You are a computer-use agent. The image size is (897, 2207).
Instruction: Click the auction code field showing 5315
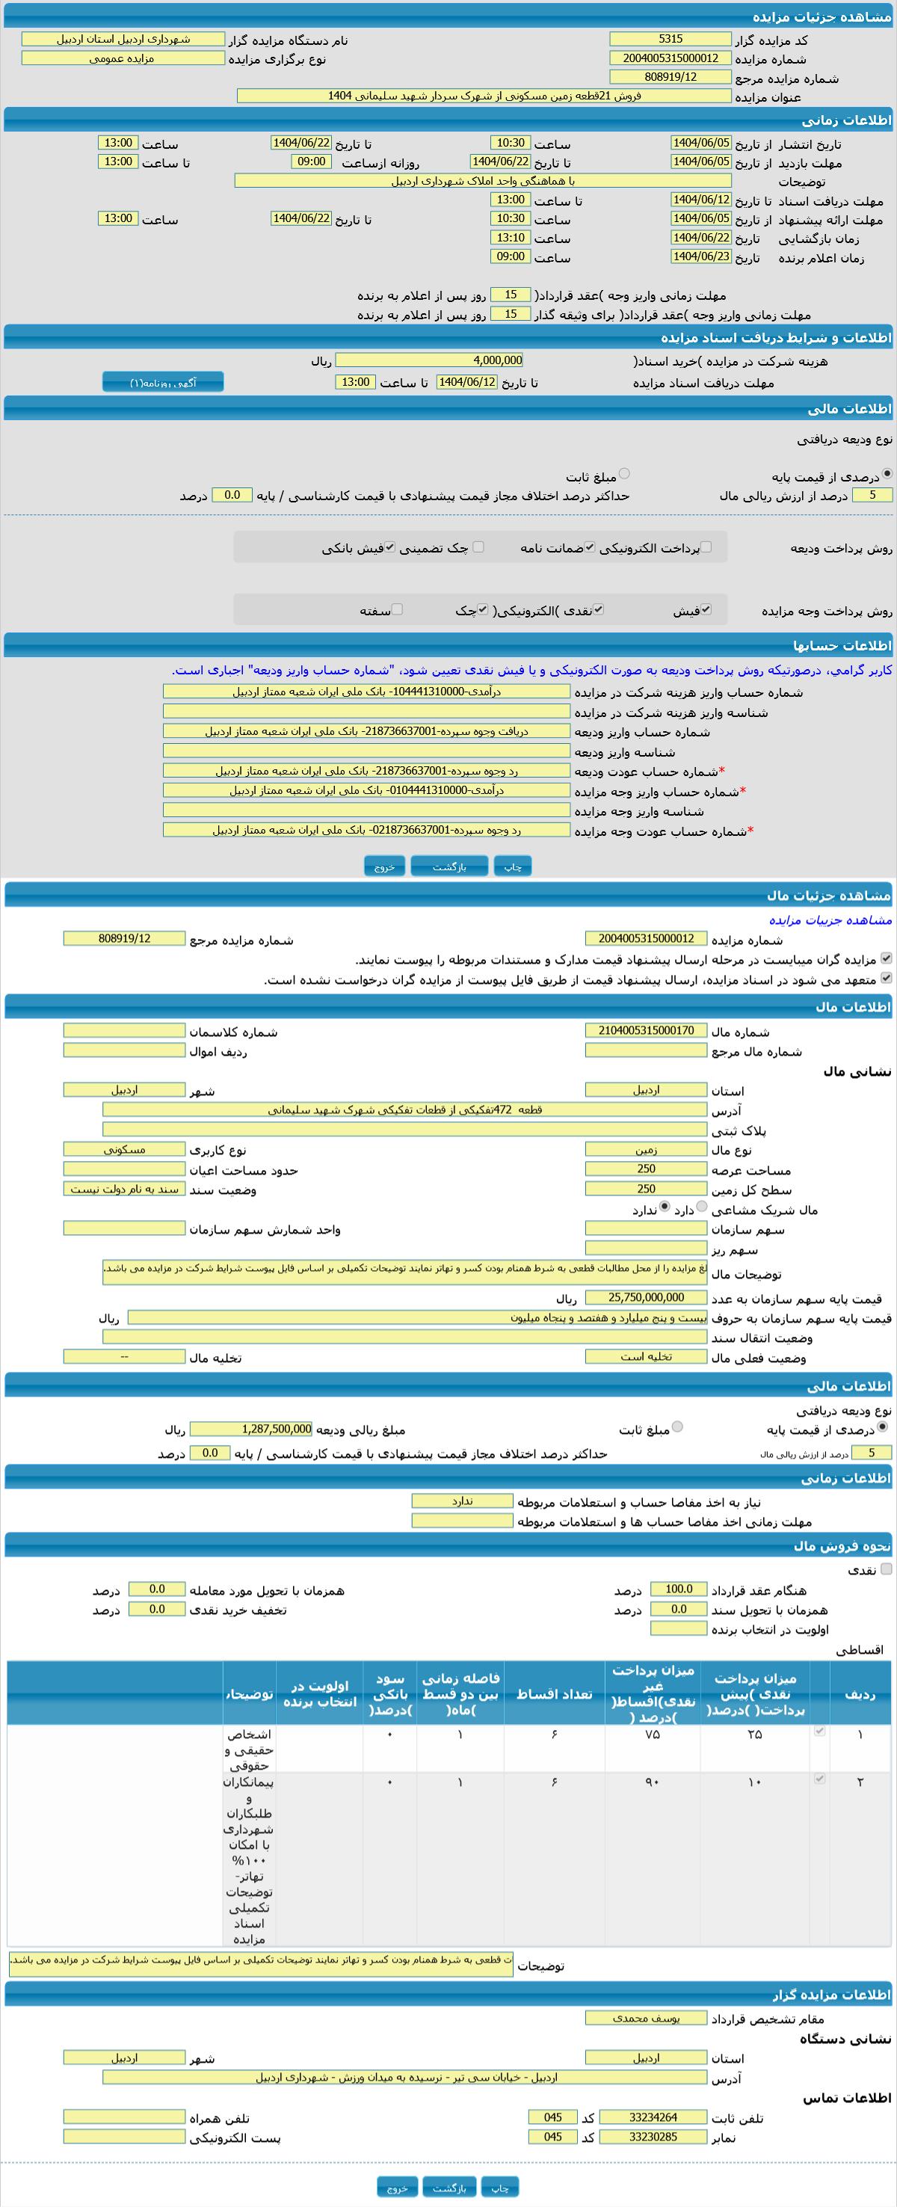670,40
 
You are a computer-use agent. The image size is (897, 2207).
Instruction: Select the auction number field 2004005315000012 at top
670,58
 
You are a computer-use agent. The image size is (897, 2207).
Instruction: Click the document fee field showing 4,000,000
429,360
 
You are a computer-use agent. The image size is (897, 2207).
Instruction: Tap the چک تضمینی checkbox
478,547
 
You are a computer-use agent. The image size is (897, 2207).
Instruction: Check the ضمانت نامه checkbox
590,547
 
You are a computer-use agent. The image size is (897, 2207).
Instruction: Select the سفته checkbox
397,609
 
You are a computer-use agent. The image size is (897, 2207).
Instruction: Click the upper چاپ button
512,867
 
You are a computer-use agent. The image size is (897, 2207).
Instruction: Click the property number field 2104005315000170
646,1029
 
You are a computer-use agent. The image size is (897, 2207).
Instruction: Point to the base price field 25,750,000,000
646,1297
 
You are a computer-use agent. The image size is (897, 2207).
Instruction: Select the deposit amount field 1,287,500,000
251,1429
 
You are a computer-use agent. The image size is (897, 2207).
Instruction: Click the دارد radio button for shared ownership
703,1207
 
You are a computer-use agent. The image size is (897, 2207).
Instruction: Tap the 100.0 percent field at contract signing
679,1589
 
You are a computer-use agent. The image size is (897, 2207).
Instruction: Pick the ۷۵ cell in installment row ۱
652,1734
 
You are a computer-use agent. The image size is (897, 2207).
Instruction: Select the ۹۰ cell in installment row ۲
652,1783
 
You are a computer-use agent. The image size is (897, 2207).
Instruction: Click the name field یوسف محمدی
646,2018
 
